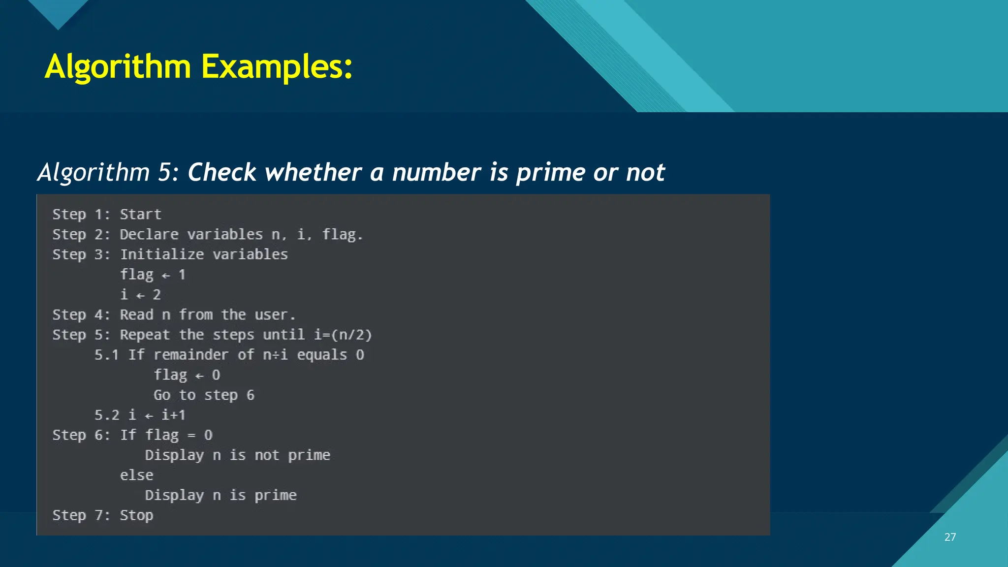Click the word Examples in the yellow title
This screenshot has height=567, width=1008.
click(x=277, y=66)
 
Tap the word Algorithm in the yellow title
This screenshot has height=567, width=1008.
click(x=118, y=66)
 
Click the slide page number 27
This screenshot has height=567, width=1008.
click(x=950, y=537)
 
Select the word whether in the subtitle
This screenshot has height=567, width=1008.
click(x=313, y=172)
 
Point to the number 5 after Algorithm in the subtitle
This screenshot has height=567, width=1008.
click(x=164, y=172)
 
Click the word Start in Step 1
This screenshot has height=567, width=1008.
click(x=141, y=215)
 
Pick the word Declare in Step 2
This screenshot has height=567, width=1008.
click(x=149, y=235)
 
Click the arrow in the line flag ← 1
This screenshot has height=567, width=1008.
click(x=166, y=276)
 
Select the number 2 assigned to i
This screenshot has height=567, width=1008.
click(x=157, y=295)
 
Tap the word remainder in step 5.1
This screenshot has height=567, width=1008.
click(x=191, y=355)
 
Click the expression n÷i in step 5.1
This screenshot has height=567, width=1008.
click(x=275, y=355)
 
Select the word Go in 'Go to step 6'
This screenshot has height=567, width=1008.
click(x=162, y=395)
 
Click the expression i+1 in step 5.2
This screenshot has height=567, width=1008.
click(x=174, y=415)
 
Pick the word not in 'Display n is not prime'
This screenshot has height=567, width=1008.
click(x=267, y=455)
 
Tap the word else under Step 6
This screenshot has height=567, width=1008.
click(x=137, y=475)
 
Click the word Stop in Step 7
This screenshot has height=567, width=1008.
click(x=137, y=515)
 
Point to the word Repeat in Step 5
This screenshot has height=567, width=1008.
click(x=145, y=335)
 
